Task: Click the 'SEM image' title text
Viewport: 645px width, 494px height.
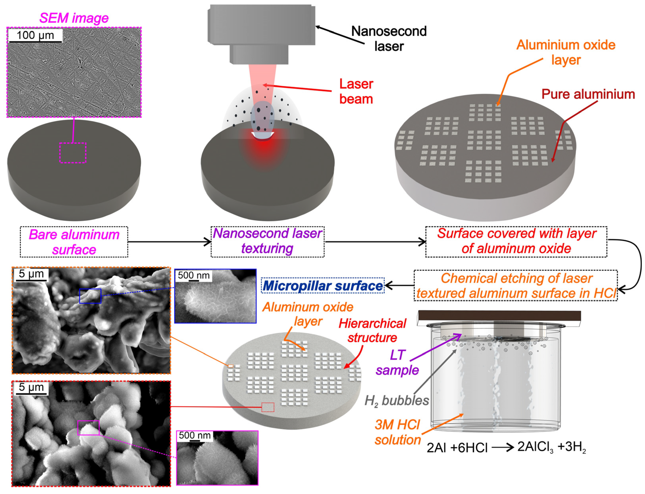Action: [74, 18]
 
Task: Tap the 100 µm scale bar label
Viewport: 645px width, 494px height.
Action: [35, 35]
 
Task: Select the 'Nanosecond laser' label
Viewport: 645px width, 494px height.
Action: [389, 38]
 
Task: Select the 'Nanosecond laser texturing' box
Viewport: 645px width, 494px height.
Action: [267, 241]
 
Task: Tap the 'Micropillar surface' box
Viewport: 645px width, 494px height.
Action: [323, 285]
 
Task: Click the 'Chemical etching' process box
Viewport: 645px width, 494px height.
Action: [516, 285]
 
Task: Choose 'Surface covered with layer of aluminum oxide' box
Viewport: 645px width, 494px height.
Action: [516, 241]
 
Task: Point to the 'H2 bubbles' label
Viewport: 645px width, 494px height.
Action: [396, 400]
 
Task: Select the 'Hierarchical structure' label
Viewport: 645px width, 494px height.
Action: [372, 330]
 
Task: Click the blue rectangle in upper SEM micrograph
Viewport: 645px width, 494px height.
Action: [90, 296]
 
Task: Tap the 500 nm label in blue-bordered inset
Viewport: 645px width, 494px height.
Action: [194, 276]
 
